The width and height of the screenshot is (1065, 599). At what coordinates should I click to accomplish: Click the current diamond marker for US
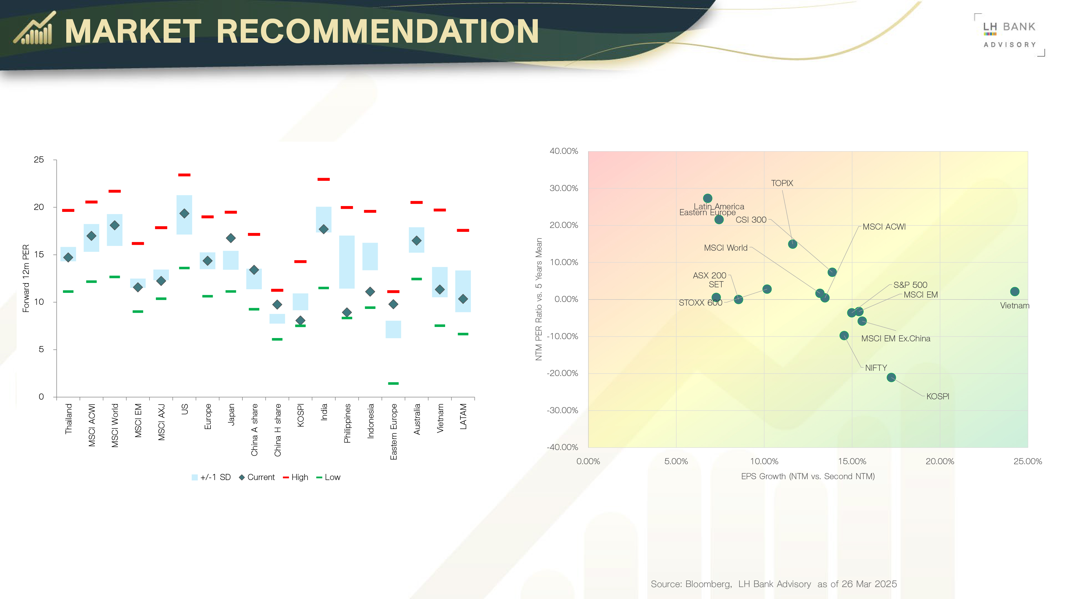(184, 213)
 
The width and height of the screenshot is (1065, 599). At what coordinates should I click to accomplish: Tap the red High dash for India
(323, 179)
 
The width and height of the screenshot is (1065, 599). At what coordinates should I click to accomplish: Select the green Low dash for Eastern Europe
(393, 383)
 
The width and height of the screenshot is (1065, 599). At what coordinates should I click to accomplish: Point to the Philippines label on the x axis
(347, 423)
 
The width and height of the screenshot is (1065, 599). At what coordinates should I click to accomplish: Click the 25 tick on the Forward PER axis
(39, 159)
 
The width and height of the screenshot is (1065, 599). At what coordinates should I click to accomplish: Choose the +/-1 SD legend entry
(211, 477)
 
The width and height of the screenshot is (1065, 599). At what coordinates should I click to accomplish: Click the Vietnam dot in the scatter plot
(1014, 291)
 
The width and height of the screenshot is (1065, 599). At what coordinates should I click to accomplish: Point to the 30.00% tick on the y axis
(564, 188)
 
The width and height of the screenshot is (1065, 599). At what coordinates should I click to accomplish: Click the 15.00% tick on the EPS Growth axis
(852, 461)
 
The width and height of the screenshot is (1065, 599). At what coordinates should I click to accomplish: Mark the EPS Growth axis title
(807, 476)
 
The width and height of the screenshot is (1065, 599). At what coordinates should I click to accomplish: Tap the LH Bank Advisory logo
(1009, 35)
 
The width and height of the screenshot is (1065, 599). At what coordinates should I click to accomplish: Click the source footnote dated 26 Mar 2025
(774, 584)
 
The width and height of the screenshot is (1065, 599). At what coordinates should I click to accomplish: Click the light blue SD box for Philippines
(347, 262)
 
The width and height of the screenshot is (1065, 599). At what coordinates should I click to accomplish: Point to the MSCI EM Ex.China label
(896, 339)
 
